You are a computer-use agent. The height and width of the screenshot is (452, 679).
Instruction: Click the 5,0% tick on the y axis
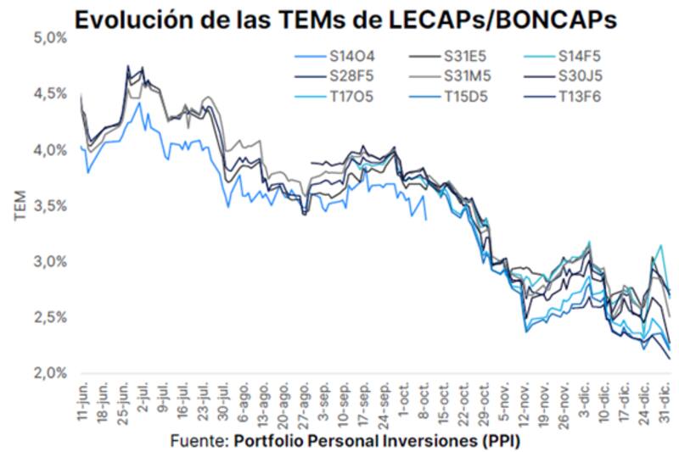[50, 38]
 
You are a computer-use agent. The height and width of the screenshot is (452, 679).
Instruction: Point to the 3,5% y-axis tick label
[50, 206]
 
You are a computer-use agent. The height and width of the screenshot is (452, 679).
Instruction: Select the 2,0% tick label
[50, 373]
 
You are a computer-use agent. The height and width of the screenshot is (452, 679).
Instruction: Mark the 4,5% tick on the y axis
[50, 94]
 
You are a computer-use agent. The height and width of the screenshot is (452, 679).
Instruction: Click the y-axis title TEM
[21, 205]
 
